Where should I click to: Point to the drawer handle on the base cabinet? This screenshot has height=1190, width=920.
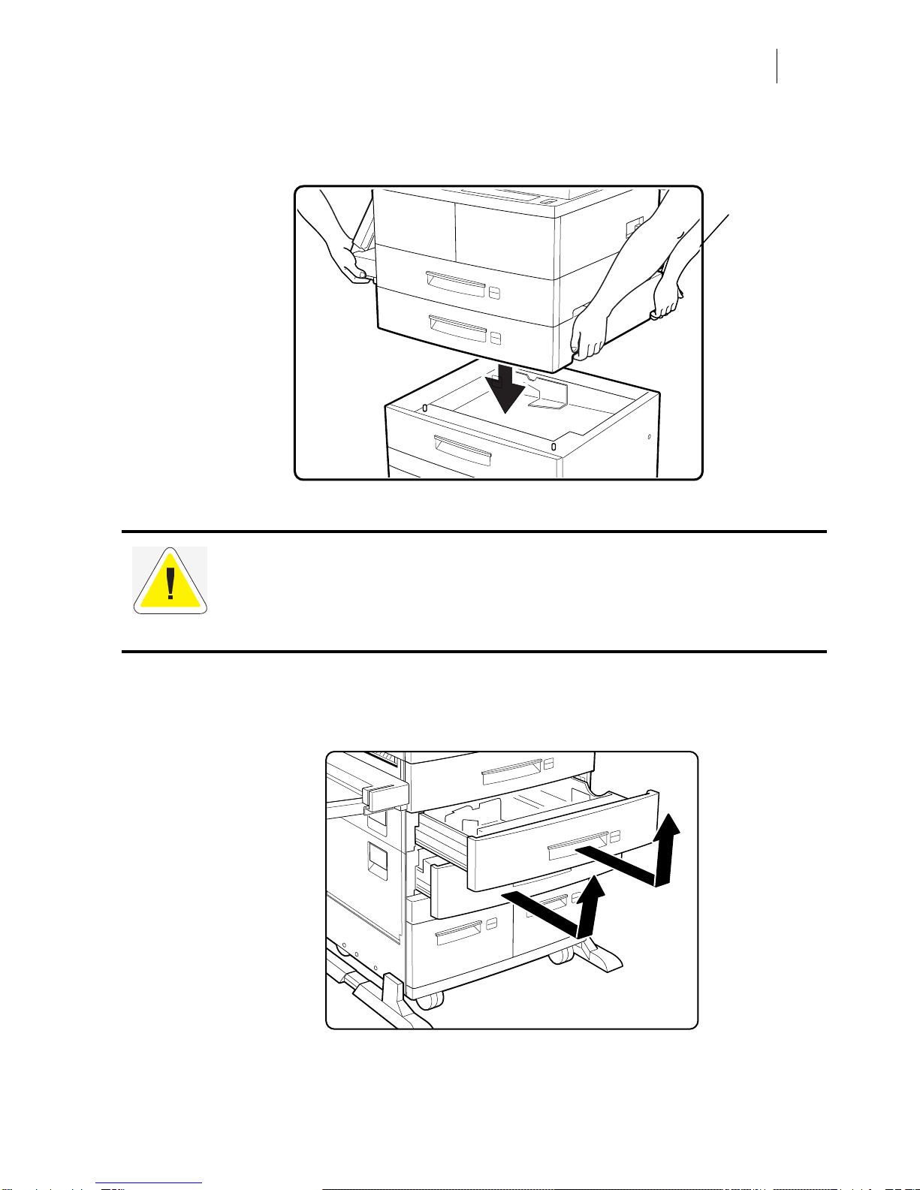[x=462, y=448]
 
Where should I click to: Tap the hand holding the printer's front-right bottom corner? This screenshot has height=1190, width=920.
[x=588, y=338]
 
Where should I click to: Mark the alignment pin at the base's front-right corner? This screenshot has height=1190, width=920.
[x=554, y=447]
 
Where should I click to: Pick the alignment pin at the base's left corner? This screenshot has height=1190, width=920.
[x=425, y=408]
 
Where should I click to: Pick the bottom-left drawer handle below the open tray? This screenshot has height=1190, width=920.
[x=459, y=933]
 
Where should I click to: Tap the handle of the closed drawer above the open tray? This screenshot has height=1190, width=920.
[x=511, y=769]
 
